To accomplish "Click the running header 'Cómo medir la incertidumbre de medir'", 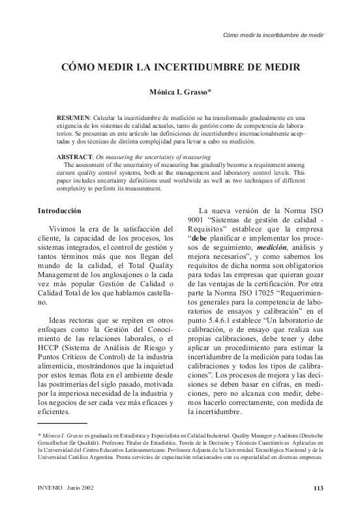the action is tap(273, 35).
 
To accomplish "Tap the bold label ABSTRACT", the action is tap(74, 157).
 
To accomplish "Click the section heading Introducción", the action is tap(59, 211).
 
